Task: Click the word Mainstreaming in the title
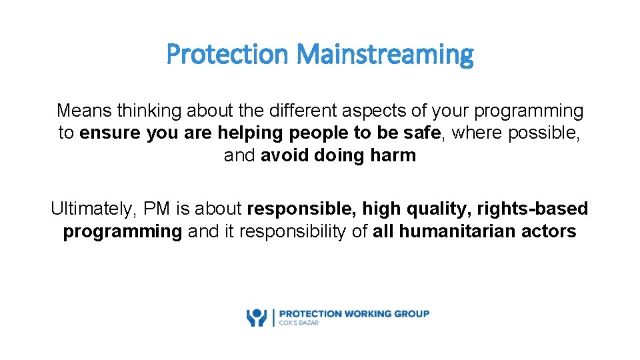(385, 54)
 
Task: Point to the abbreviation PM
(157, 209)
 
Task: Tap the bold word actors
(550, 231)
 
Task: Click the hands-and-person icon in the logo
(257, 317)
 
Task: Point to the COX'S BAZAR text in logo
(299, 323)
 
